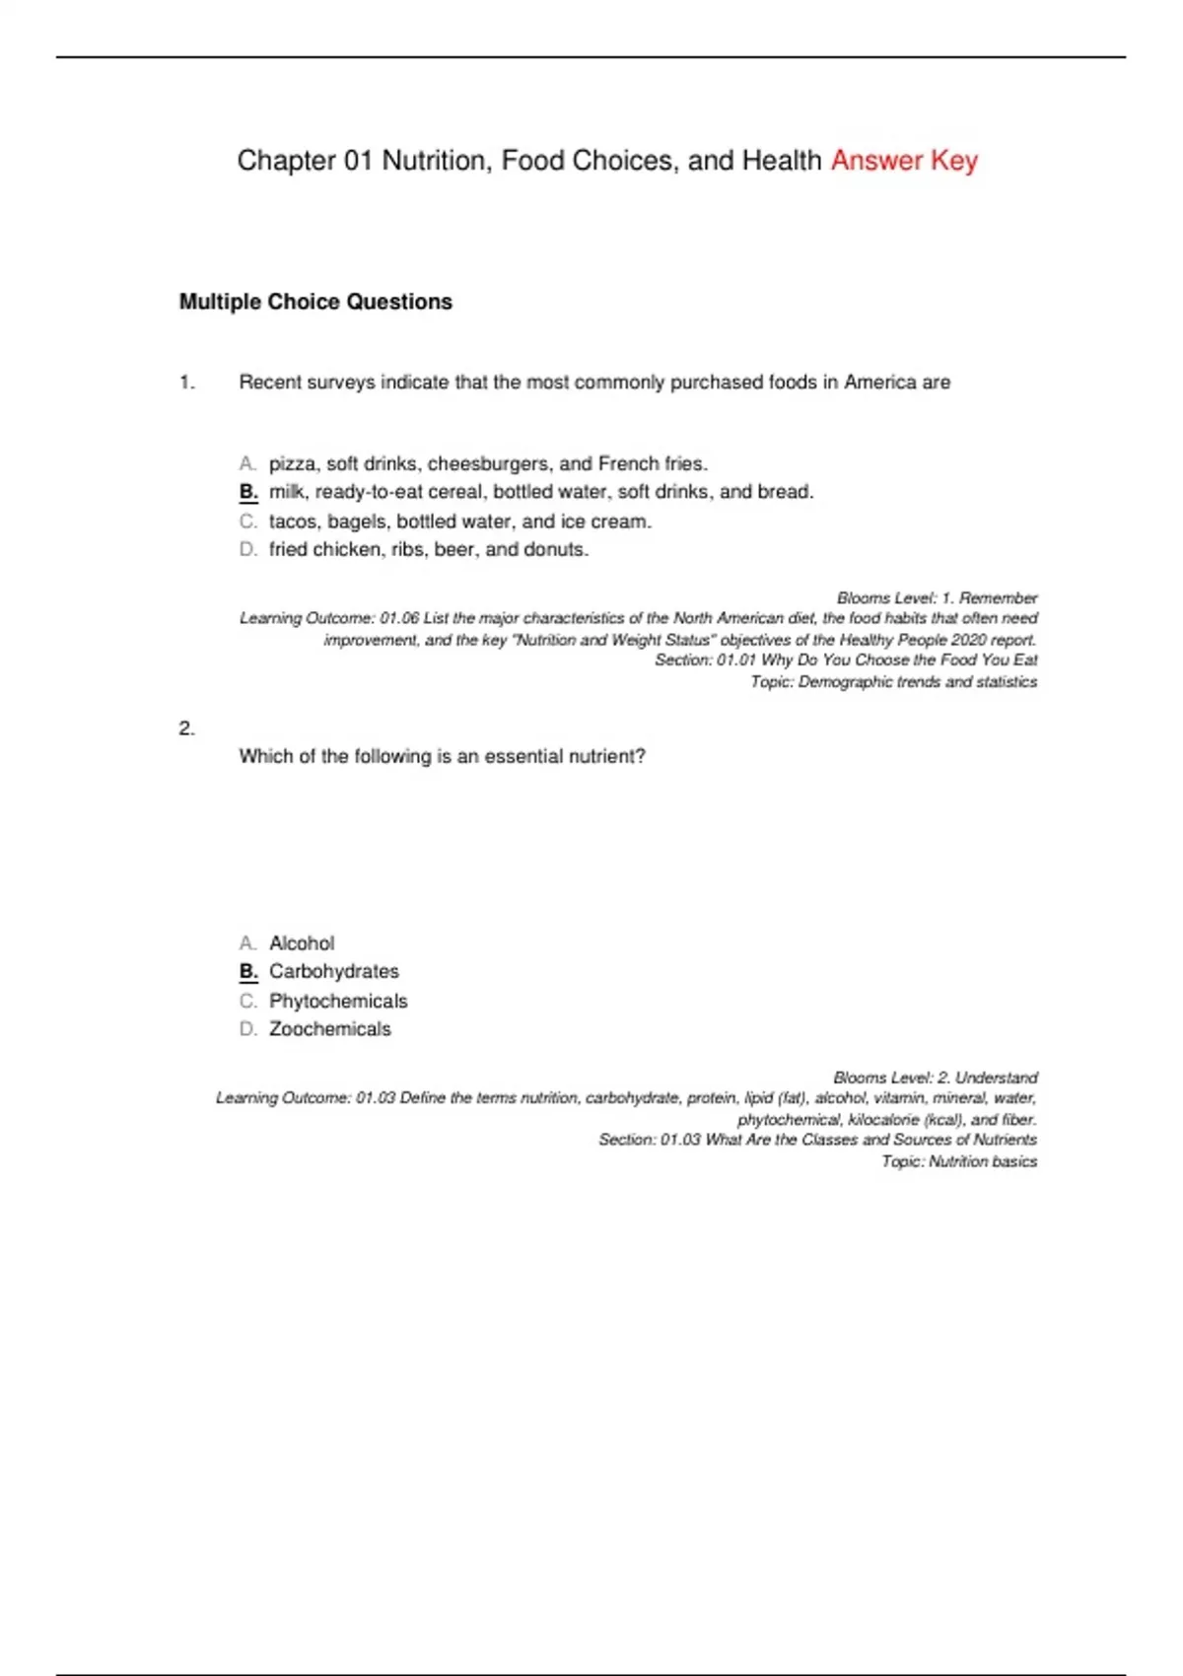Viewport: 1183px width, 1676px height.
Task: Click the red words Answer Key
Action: point(904,161)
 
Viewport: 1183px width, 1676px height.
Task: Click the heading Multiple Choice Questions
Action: point(315,302)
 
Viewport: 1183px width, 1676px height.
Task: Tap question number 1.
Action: point(187,383)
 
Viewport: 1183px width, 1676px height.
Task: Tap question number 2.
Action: point(187,729)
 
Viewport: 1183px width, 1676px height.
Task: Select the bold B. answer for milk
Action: point(248,492)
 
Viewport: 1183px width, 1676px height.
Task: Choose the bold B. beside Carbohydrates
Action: point(248,971)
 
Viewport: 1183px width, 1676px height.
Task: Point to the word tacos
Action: point(293,522)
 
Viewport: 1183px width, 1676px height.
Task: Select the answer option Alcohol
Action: point(302,943)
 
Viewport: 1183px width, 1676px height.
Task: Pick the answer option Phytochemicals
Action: point(338,1001)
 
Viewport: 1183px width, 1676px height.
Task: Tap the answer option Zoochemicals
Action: point(330,1029)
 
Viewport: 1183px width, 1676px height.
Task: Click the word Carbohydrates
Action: point(334,971)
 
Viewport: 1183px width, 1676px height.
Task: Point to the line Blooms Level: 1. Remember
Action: point(937,598)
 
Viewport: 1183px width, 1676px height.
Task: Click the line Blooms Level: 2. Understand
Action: point(935,1078)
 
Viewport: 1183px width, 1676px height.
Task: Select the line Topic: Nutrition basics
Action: point(958,1161)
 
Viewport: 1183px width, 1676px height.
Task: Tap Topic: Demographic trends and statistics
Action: point(893,681)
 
